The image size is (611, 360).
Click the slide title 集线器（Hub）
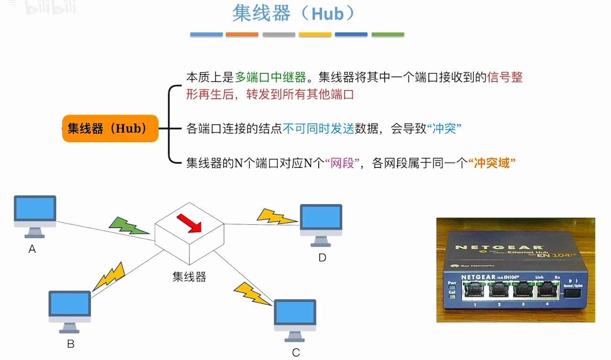tap(294, 14)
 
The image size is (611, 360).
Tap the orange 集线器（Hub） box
tap(110, 128)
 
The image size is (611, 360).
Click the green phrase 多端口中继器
tap(270, 77)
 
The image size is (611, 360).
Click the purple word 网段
tap(342, 163)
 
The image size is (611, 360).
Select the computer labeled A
tap(35, 216)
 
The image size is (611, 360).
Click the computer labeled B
tap(70, 311)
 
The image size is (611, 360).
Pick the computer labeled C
tap(295, 320)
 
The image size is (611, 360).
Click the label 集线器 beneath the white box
tap(189, 276)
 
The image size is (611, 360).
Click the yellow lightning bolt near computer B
tap(110, 276)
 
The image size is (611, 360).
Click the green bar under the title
tap(388, 34)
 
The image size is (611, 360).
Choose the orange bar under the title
tap(242, 34)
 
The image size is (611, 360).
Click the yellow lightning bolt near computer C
tap(252, 293)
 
